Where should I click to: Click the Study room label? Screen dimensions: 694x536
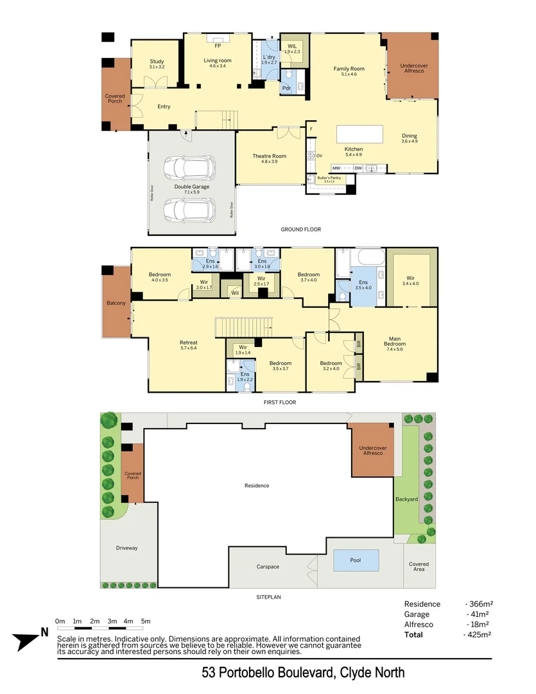click(x=157, y=62)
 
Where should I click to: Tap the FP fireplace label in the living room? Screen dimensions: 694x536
click(x=218, y=46)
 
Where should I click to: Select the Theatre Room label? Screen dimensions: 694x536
click(x=269, y=156)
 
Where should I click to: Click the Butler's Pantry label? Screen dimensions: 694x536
click(x=329, y=178)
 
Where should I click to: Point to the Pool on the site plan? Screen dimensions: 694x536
click(x=355, y=560)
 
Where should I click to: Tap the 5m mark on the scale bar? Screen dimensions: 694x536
click(x=146, y=621)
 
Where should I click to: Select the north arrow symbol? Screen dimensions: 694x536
click(x=29, y=639)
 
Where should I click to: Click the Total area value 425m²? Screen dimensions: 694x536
click(x=478, y=635)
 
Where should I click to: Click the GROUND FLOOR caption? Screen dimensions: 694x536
click(x=300, y=229)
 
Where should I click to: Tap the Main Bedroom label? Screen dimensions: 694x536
click(x=395, y=341)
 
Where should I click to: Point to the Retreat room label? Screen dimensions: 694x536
click(x=188, y=343)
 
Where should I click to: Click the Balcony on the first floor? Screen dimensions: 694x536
click(x=116, y=302)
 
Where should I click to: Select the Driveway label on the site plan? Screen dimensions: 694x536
click(x=126, y=548)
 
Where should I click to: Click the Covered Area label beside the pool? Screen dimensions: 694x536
click(x=419, y=567)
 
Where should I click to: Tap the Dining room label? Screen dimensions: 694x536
click(x=410, y=136)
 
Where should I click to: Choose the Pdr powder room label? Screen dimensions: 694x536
click(x=286, y=88)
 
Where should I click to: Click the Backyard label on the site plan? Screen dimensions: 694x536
click(x=406, y=499)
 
